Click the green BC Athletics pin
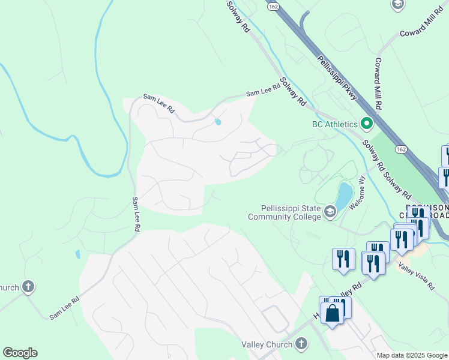click(x=367, y=125)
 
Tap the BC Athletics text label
click(x=335, y=125)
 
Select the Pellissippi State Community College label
click(x=285, y=212)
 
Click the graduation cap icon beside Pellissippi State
click(x=330, y=212)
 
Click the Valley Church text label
click(x=267, y=344)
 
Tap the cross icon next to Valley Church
click(x=301, y=344)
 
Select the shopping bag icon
click(x=332, y=313)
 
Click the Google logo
click(x=20, y=353)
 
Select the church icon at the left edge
click(x=28, y=287)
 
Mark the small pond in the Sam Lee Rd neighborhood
click(x=217, y=122)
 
